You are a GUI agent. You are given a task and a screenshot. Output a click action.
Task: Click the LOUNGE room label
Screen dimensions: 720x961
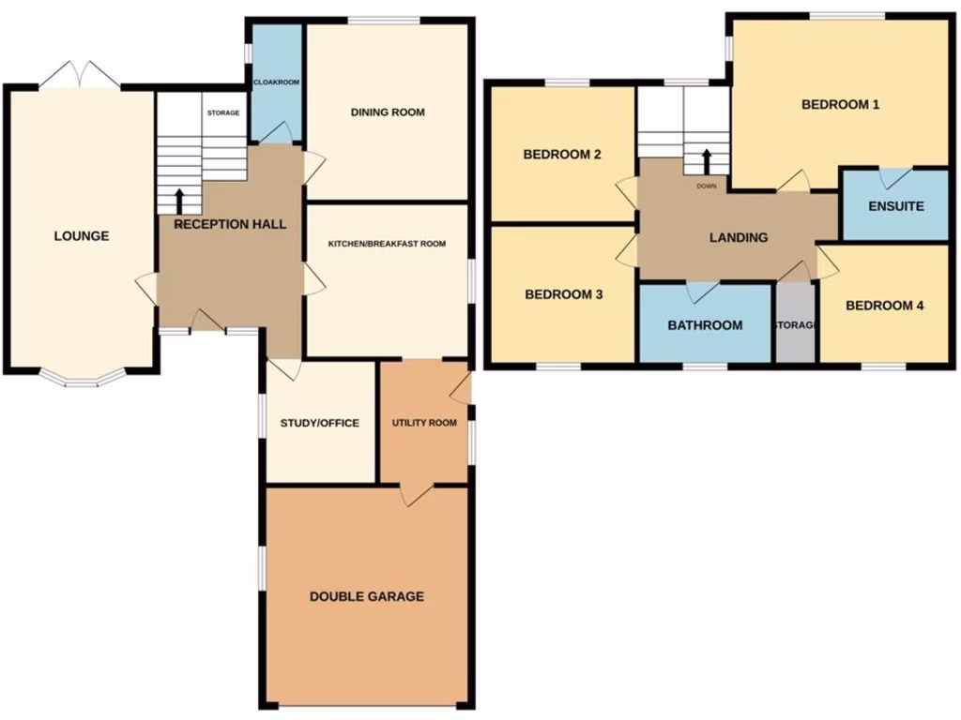point(81,236)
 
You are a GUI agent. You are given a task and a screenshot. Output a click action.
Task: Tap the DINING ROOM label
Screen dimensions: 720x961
point(388,112)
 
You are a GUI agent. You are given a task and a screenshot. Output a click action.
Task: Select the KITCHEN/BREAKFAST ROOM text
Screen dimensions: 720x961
point(387,244)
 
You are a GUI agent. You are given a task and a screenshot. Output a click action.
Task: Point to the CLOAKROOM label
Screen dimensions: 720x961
point(277,82)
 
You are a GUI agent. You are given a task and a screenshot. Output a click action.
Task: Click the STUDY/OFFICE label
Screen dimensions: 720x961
point(319,423)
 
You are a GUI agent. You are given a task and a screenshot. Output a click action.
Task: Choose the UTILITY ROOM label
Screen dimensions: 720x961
point(424,423)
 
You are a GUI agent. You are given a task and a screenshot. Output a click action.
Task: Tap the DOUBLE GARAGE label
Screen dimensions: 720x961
point(367,596)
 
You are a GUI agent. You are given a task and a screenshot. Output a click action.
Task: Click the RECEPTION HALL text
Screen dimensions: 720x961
point(230,224)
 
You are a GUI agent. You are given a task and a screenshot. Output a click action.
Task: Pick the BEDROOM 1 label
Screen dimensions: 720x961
point(840,105)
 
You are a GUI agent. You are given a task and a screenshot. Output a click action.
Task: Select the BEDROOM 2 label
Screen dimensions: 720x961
point(562,155)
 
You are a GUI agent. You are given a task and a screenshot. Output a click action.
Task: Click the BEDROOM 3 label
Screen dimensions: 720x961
point(563,294)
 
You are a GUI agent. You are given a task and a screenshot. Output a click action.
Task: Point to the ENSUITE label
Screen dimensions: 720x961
point(895,206)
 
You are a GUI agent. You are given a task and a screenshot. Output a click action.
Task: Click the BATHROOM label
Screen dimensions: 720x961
point(705,325)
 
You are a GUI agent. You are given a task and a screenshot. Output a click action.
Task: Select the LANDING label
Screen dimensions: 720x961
point(739,237)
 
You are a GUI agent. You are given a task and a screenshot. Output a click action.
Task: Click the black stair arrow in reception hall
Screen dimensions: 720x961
point(179,200)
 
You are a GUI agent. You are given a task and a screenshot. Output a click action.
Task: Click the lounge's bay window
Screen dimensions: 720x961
point(81,381)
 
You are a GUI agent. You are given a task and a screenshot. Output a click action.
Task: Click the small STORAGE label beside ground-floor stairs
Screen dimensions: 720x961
point(223,113)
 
